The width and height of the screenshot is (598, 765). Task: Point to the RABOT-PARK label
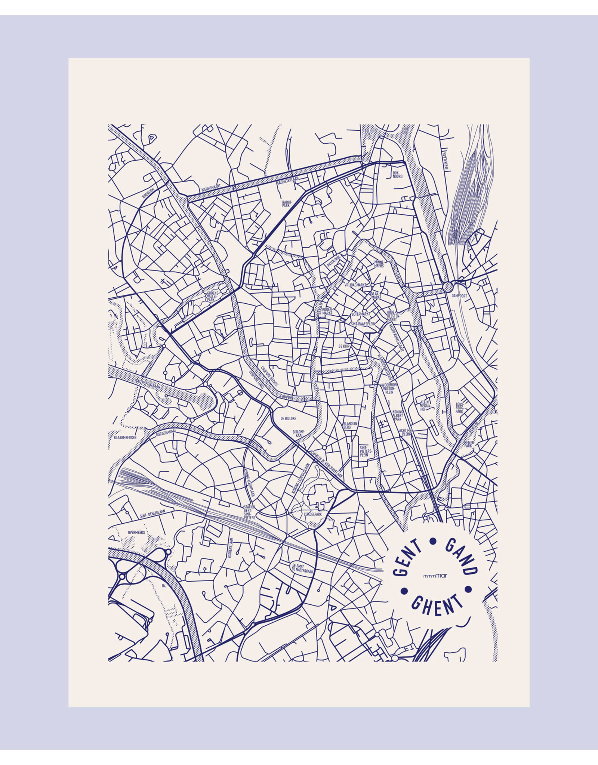(x=286, y=203)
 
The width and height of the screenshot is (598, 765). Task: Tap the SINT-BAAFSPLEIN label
(x=363, y=324)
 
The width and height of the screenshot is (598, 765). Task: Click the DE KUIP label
(x=343, y=346)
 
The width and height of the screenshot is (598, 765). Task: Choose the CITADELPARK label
(x=312, y=514)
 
